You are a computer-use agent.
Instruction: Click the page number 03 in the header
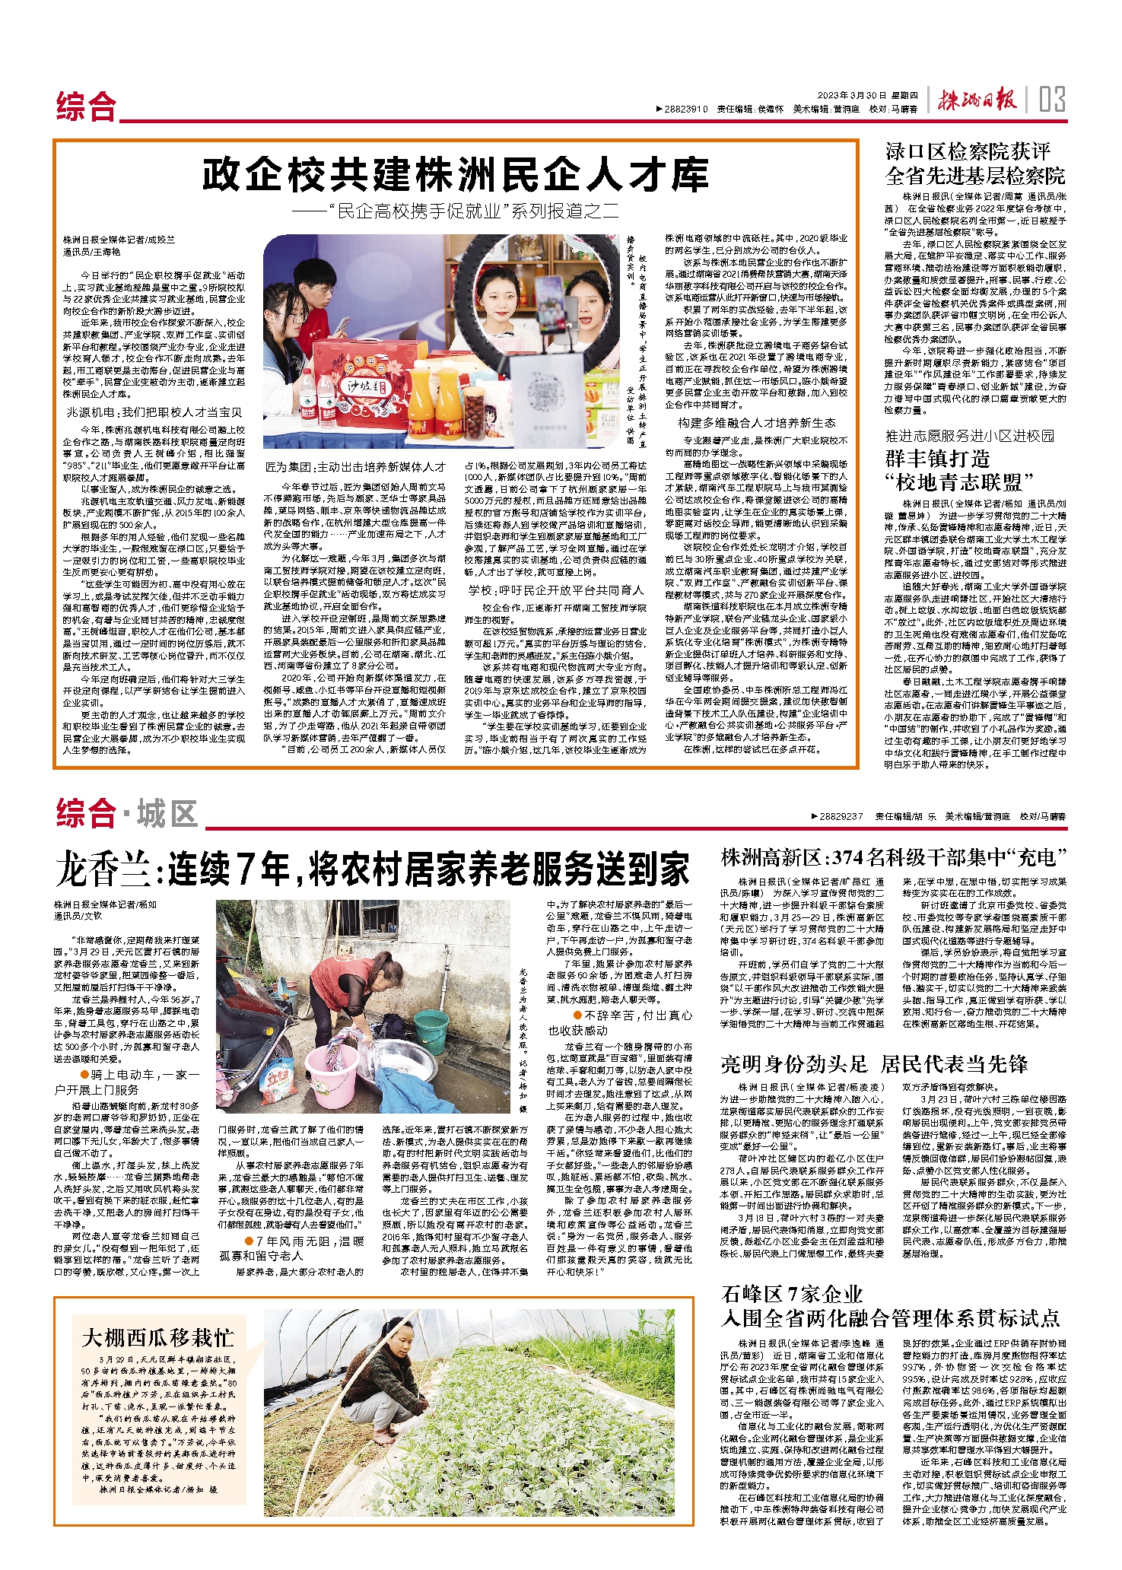point(1052,100)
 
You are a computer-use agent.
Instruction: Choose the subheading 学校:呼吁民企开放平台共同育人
point(556,590)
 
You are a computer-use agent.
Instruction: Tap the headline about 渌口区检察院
point(975,164)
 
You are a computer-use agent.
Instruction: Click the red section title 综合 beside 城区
point(86,814)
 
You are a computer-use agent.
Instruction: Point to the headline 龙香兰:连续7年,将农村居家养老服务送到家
point(372,869)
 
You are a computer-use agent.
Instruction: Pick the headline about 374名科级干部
point(894,857)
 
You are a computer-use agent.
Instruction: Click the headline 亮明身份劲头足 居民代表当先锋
point(874,1064)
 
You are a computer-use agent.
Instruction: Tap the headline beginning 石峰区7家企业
point(890,1305)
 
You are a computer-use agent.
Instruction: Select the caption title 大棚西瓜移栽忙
point(158,1338)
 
